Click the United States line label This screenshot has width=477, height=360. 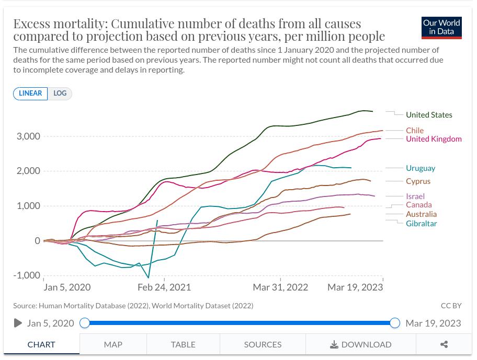429,115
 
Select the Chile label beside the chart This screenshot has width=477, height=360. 415,131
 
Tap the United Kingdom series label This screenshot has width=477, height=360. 434,139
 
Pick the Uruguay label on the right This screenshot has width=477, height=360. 421,168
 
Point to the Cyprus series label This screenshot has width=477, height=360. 418,181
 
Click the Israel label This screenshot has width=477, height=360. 415,196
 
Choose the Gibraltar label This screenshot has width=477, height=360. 421,224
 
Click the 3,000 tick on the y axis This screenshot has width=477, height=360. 29,136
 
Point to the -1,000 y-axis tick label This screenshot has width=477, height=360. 26,275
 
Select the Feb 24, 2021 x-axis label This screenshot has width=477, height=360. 164,287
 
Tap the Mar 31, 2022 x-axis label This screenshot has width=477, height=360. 280,287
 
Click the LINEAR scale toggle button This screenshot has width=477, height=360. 30,94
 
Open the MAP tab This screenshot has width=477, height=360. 113,344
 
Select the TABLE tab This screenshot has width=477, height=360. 183,344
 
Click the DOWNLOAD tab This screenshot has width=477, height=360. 361,344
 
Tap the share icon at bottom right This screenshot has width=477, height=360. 444,344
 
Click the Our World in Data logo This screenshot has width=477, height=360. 441,28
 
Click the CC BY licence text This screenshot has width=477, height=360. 451,306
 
